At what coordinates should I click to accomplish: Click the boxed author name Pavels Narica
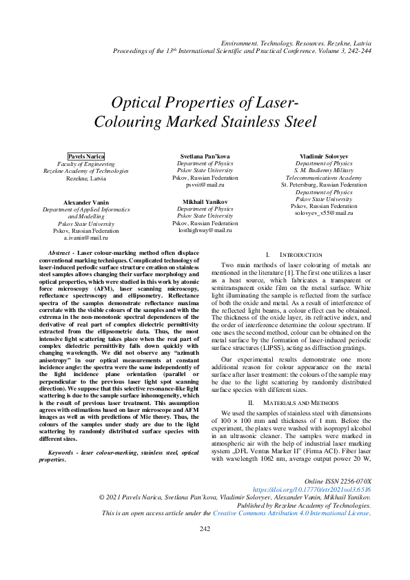86,156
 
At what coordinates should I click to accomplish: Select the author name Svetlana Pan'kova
205,156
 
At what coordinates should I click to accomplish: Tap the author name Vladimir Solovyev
324,156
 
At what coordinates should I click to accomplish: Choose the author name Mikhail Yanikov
205,201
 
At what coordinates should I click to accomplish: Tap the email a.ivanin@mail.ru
86,237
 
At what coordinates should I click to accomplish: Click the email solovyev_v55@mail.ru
324,213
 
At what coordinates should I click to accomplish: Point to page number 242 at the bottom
205,548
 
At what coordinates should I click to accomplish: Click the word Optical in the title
141,104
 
